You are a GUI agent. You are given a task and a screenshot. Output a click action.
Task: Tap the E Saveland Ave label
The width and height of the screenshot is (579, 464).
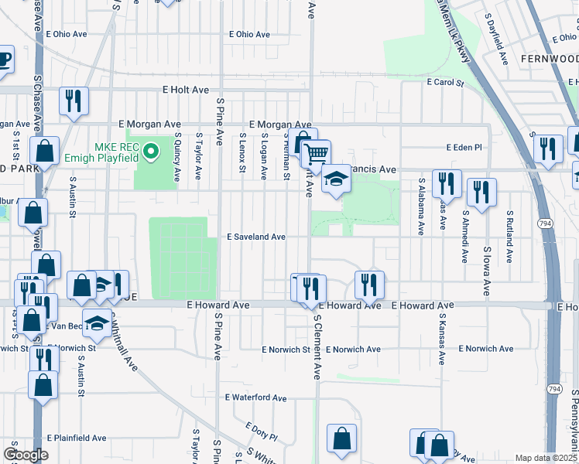click(256, 237)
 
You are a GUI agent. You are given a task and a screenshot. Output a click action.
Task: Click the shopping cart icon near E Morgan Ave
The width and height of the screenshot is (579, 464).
click(315, 153)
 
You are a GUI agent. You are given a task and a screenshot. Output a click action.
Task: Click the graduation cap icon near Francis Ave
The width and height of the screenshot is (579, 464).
click(336, 179)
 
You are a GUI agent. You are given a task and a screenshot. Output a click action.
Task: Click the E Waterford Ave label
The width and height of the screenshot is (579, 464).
click(256, 397)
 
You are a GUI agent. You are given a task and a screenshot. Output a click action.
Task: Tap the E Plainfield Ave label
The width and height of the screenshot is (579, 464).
click(76, 438)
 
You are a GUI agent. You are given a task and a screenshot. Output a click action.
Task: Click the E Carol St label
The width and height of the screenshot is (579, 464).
click(444, 82)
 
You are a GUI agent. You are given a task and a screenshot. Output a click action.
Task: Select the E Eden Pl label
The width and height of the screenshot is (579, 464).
click(464, 147)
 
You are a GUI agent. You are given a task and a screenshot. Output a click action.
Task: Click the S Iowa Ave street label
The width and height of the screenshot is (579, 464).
click(486, 271)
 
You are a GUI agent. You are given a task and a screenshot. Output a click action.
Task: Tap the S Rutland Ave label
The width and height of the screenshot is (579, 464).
click(509, 237)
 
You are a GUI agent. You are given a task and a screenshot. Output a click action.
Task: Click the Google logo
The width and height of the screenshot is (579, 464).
click(26, 455)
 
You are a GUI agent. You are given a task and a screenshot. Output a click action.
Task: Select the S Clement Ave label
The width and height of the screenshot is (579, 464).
click(317, 346)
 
